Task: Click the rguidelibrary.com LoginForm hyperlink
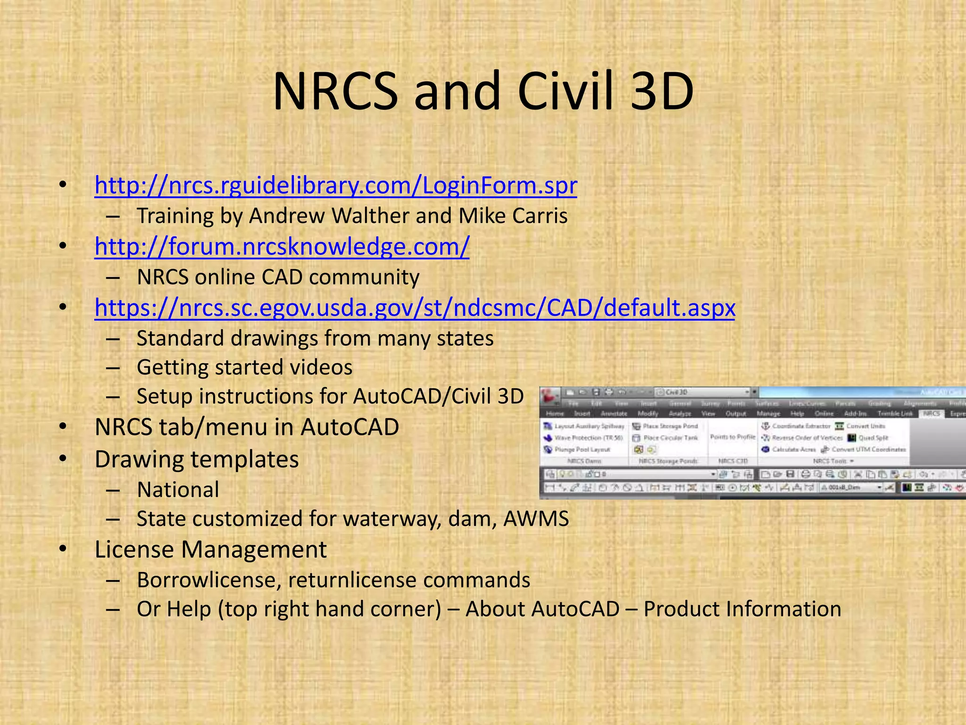point(335,185)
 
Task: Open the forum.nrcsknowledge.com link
point(282,246)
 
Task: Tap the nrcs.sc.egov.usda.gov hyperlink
point(415,308)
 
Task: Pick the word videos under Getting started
point(321,368)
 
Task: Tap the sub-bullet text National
point(178,490)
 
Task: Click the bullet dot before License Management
point(63,549)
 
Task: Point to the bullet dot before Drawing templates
point(63,459)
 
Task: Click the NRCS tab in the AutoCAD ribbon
point(931,413)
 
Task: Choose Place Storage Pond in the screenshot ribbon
point(670,426)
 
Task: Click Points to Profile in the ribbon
point(733,437)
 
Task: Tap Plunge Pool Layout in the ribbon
point(582,449)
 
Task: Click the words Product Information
point(742,609)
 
